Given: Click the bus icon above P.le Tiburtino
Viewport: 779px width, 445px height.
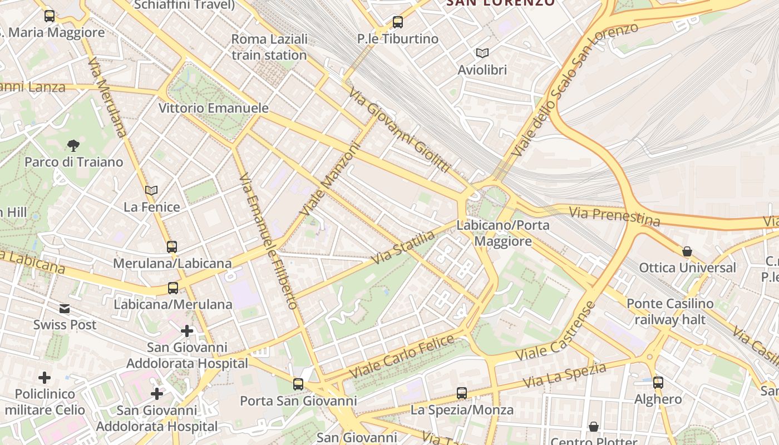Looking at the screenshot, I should tap(397, 22).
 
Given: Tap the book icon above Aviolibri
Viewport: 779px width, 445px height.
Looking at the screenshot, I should tap(482, 53).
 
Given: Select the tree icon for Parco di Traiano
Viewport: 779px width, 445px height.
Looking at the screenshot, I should tap(73, 146).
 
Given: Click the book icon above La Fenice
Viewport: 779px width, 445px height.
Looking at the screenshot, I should tap(151, 190).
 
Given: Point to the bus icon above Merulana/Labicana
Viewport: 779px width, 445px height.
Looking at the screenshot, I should tap(172, 246).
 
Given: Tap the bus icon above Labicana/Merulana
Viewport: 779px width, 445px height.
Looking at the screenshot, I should tap(173, 288).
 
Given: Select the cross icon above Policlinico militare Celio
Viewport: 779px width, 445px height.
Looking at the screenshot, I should tap(45, 378).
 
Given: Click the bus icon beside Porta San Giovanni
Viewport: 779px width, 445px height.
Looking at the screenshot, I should tap(298, 384).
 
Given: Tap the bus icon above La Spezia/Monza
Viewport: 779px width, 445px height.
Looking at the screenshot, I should tap(462, 393).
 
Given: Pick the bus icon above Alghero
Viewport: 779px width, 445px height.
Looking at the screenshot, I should tap(658, 383).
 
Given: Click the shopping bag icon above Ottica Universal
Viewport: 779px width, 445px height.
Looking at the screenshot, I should tap(687, 251).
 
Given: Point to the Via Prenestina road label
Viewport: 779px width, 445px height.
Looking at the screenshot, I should tap(614, 216).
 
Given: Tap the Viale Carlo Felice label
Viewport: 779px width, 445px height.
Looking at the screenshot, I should tap(402, 355).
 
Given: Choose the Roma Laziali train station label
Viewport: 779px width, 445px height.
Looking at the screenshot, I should tap(269, 47).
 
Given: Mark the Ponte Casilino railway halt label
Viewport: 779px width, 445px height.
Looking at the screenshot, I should tap(670, 311).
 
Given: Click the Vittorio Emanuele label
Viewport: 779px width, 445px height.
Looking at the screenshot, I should tap(214, 108).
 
